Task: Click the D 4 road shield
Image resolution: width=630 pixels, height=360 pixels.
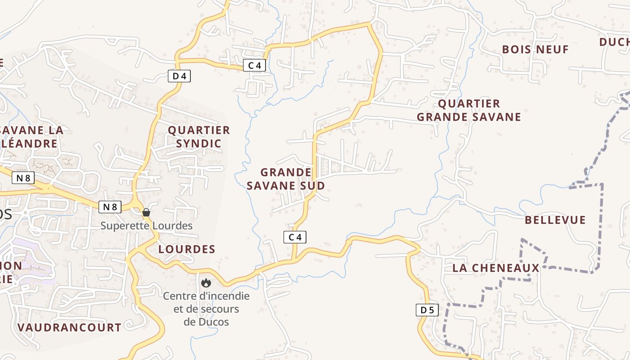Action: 179,76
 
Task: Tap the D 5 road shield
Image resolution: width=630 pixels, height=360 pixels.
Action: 427,310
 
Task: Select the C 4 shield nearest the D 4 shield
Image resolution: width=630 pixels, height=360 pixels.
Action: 254,65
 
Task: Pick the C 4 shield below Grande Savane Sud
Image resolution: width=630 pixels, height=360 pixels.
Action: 295,237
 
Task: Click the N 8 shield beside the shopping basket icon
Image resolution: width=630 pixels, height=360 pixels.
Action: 110,207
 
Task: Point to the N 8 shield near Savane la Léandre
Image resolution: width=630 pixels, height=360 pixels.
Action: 23,178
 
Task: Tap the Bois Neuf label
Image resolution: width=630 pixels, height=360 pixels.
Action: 535,49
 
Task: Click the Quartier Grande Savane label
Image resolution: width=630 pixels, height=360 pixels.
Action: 468,110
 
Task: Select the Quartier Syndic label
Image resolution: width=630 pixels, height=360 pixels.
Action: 198,137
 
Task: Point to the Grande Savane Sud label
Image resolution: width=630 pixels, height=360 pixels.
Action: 286,179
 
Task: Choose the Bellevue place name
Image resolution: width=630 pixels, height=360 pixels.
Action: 555,220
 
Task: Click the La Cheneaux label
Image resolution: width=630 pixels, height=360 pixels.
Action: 495,268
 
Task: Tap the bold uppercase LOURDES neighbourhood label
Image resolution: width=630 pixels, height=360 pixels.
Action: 187,249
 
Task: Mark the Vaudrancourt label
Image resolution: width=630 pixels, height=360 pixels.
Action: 69,328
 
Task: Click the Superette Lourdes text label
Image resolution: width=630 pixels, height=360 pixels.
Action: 146,225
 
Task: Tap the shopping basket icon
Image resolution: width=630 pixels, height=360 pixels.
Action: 146,212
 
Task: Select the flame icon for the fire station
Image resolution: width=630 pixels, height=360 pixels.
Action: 206,283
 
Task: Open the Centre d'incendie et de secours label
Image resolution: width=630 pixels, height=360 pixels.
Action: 206,309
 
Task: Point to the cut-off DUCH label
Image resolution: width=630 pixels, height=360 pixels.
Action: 614,42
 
